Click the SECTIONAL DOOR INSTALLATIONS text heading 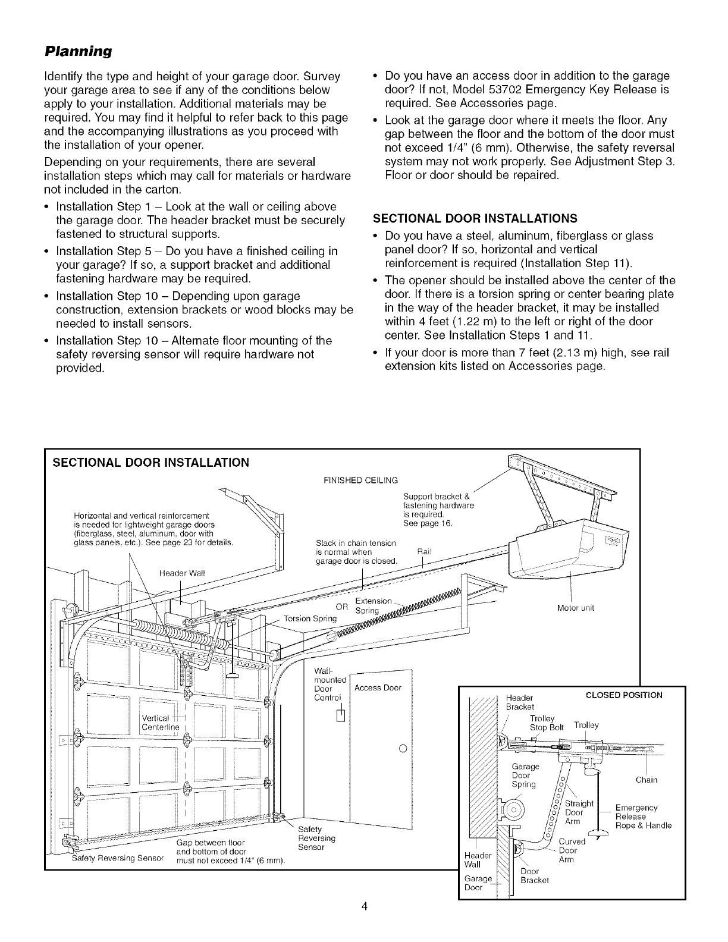click(482, 217)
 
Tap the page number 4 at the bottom click(365, 906)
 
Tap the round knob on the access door click(402, 748)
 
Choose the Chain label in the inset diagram click(647, 780)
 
